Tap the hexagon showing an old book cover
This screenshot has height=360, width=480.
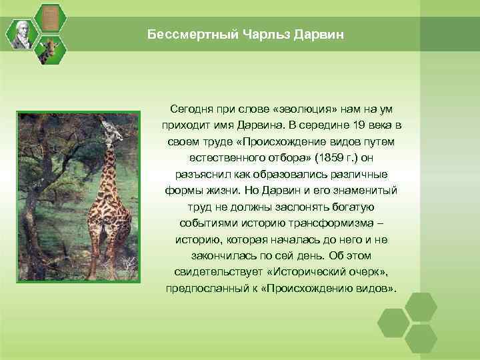tap(49, 17)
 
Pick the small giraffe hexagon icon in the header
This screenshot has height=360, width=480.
tap(49, 50)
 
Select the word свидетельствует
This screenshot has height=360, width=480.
tap(217, 272)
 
